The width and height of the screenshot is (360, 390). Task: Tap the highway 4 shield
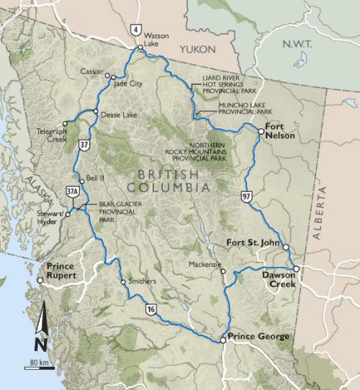click(135, 30)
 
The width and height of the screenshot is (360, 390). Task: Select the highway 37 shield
click(84, 144)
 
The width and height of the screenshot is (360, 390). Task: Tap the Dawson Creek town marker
click(295, 268)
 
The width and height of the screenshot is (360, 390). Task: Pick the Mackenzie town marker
click(223, 272)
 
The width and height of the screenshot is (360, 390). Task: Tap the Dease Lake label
click(117, 112)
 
